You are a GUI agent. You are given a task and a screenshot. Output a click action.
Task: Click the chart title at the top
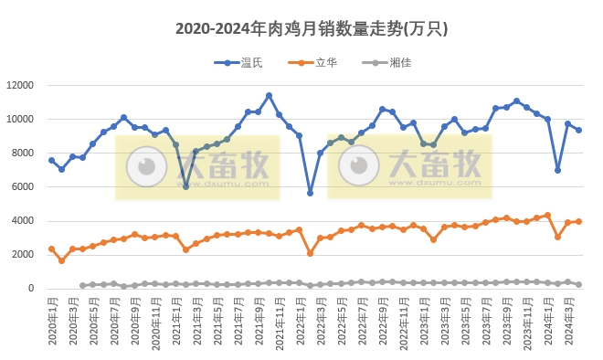tap(311, 29)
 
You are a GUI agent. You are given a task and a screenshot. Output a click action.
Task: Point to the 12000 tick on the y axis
tap(20, 85)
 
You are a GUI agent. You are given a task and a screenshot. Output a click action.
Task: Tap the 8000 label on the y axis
tap(23, 154)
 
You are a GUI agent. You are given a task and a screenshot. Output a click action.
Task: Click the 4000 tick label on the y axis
tap(23, 221)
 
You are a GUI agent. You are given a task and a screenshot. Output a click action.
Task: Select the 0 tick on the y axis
tap(31, 289)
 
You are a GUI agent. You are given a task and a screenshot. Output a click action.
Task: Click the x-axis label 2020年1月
tap(52, 320)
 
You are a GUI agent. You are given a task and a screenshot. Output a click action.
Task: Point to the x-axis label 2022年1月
tap(300, 320)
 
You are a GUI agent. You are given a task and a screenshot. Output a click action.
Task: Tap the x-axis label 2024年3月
tap(568, 320)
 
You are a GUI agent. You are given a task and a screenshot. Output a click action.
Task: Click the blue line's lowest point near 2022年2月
tap(310, 193)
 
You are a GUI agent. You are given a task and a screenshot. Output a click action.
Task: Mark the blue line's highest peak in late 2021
tap(269, 95)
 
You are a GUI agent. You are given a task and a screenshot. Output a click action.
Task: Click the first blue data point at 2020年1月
tap(52, 160)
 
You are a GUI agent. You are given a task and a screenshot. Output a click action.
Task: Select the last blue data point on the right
tap(578, 131)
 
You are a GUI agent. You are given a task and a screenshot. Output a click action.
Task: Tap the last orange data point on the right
tap(578, 221)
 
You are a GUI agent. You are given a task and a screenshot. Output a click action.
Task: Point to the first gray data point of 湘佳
tap(82, 285)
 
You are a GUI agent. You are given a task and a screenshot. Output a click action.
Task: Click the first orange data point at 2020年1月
tap(52, 249)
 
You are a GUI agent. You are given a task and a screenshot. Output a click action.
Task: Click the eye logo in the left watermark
tap(143, 166)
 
